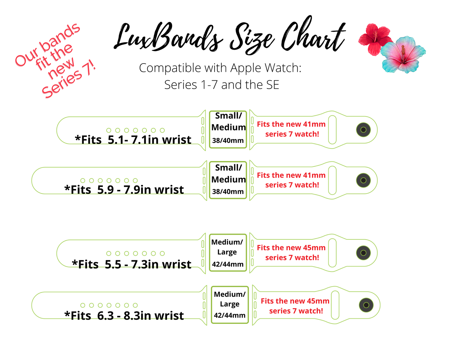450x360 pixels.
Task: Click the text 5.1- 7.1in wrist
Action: pyautogui.click(x=149, y=140)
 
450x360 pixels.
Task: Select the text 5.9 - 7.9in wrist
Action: pyautogui.click(x=140, y=190)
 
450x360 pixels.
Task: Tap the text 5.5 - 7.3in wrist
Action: pyautogui.click(x=148, y=264)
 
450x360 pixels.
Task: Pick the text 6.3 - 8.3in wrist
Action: pyautogui.click(x=140, y=316)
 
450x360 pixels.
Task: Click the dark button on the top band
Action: pyautogui.click(x=363, y=130)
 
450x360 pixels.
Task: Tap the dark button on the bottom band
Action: pyautogui.click(x=366, y=305)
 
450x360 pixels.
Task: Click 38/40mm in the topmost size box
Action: pyautogui.click(x=228, y=140)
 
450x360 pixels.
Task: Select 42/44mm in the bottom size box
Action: pyautogui.click(x=230, y=315)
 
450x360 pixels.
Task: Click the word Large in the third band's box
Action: pyautogui.click(x=227, y=252)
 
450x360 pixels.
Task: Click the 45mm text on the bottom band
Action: pyautogui.click(x=318, y=301)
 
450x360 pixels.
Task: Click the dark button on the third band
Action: pyautogui.click(x=363, y=253)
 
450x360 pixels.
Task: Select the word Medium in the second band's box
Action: pyautogui.click(x=229, y=180)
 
